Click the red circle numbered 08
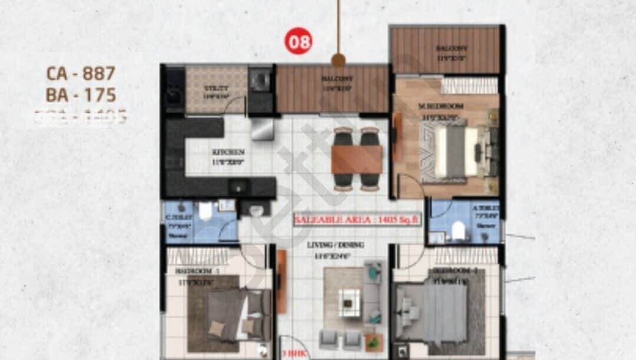click(299, 41)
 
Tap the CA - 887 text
click(81, 74)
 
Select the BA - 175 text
click(81, 95)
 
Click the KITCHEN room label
click(228, 152)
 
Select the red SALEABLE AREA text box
click(357, 219)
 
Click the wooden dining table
click(357, 159)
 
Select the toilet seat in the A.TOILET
click(459, 232)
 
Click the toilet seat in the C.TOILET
click(206, 210)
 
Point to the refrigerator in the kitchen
click(262, 129)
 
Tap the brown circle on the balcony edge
click(338, 60)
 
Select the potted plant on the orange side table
click(372, 341)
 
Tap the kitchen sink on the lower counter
click(238, 187)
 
